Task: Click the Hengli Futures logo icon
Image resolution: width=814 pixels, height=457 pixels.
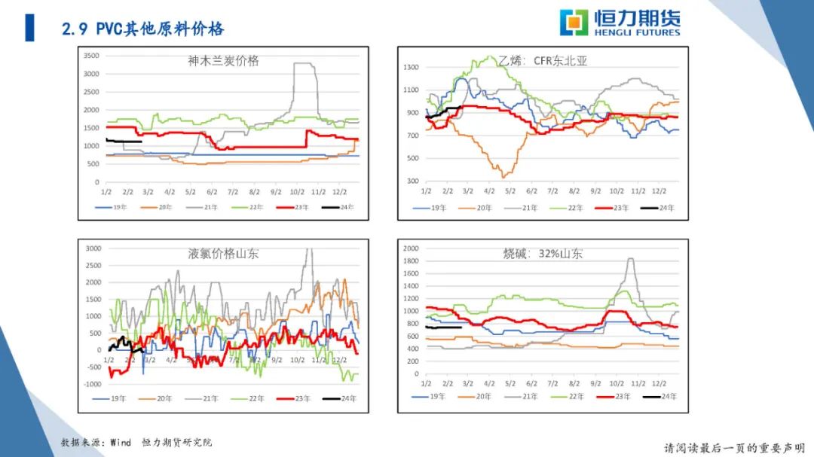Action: pos(574,23)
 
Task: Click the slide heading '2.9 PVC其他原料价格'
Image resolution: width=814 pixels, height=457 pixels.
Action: pos(142,29)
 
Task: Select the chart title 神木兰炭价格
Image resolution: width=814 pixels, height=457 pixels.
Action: pos(223,61)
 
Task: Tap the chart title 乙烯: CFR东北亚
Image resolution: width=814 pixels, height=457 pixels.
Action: pos(542,61)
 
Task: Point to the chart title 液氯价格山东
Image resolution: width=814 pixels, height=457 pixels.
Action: pos(223,254)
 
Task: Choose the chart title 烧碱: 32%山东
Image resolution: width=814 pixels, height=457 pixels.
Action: pos(543,254)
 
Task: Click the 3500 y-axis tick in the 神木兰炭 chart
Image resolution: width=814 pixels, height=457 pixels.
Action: pos(91,56)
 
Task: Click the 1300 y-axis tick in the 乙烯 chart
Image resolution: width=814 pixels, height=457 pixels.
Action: pos(411,68)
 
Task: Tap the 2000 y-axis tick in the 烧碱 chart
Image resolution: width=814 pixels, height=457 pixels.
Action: pos(411,248)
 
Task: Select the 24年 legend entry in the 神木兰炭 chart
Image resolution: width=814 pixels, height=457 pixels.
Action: pos(338,206)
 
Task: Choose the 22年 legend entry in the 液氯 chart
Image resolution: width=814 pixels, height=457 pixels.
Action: pos(248,399)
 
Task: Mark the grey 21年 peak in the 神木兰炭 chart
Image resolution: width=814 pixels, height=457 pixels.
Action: pos(303,64)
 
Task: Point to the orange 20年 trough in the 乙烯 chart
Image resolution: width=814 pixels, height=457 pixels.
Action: pos(503,176)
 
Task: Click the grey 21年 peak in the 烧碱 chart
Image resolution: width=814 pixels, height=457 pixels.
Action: pos(630,260)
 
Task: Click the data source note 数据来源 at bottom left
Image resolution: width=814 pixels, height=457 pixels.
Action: pos(136,443)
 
